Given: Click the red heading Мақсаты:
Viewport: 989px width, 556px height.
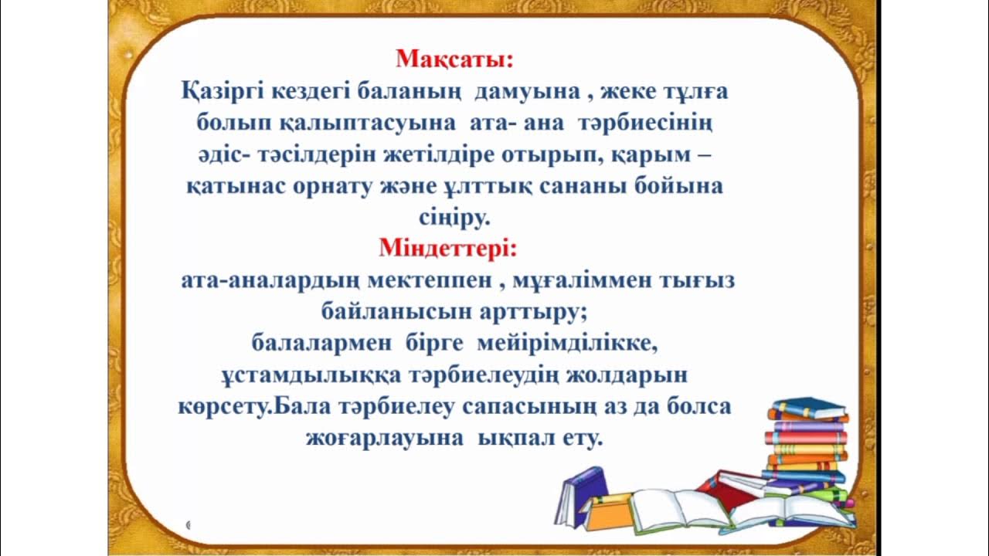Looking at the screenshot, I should [454, 59].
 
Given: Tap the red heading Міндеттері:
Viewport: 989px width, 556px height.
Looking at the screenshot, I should [448, 249].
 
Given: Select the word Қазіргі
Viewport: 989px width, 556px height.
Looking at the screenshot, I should [222, 92].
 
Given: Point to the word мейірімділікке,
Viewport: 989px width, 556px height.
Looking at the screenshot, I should [568, 343].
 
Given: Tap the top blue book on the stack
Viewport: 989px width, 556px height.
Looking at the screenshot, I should [808, 408].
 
